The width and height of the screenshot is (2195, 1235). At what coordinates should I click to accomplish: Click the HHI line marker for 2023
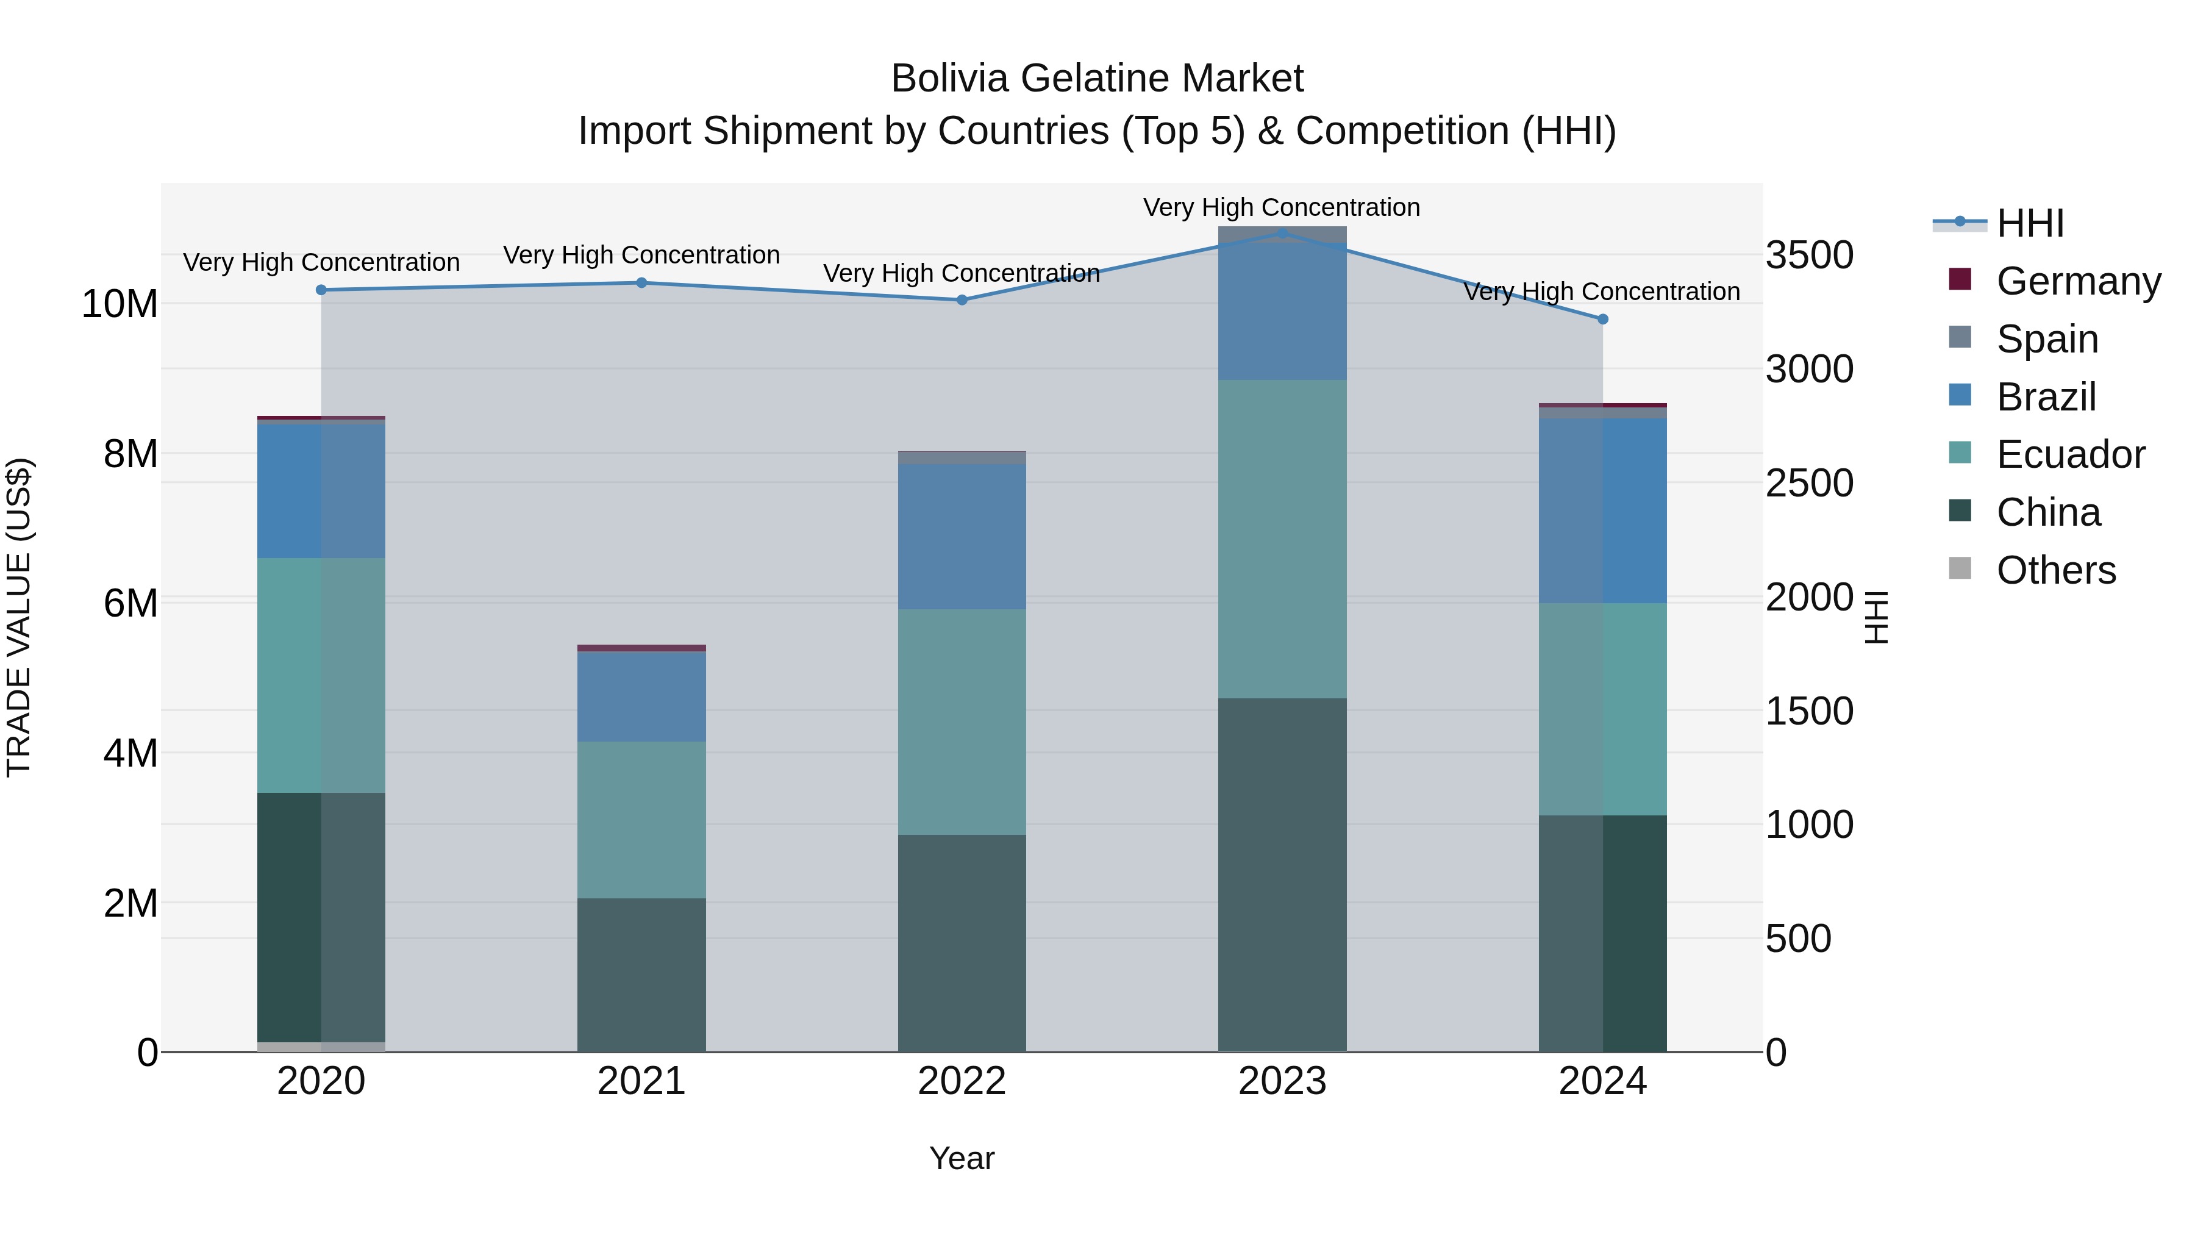[x=1282, y=233]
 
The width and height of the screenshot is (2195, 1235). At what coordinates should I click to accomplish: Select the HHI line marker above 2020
[x=321, y=290]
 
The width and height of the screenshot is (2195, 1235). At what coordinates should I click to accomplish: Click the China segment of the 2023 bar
[x=1282, y=875]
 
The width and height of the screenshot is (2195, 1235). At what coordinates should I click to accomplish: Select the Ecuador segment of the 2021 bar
[x=641, y=819]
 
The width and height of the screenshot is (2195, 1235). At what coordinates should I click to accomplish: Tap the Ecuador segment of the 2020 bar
[x=321, y=675]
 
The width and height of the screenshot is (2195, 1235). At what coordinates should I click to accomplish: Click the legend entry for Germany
[x=2077, y=281]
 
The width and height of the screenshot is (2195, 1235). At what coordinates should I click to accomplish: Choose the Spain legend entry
[x=2047, y=339]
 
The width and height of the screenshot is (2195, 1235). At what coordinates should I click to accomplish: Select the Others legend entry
[x=2055, y=570]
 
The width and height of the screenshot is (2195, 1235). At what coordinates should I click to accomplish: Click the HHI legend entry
[x=2030, y=223]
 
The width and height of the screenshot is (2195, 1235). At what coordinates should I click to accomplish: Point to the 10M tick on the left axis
[x=120, y=304]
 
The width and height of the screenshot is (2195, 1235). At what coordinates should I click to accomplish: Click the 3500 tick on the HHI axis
[x=1808, y=255]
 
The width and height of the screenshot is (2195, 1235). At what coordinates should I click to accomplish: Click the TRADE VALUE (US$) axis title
[x=19, y=617]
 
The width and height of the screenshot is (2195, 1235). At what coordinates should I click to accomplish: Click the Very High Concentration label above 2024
[x=1601, y=292]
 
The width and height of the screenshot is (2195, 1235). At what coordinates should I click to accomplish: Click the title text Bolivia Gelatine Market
[x=1097, y=79]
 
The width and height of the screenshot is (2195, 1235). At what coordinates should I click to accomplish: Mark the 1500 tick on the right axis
[x=1808, y=711]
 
